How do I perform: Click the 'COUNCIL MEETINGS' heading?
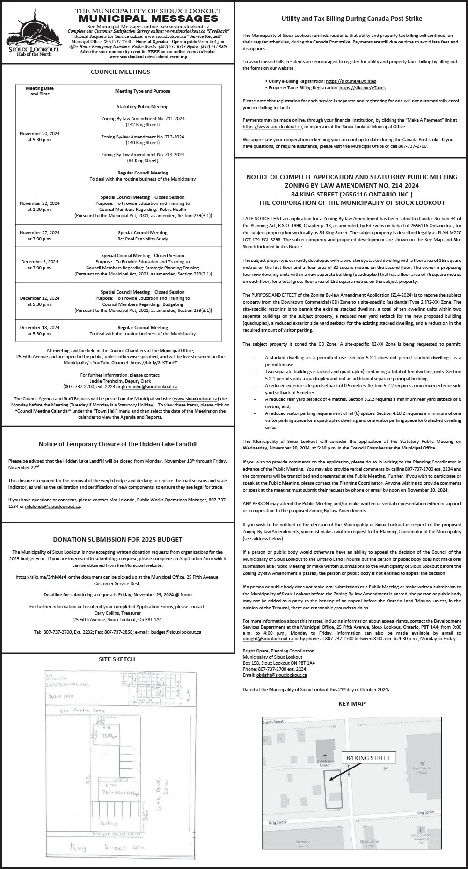coord(120,72)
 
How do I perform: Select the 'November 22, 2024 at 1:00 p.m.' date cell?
coord(40,206)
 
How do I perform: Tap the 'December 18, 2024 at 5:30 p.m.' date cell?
coord(40,331)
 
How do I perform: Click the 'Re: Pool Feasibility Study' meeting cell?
coord(143,236)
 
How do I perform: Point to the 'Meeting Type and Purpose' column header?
coord(143,91)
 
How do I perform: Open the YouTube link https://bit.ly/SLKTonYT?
coord(154,362)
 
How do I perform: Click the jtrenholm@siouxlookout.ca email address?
coord(149,387)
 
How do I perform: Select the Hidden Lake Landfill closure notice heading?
coord(117,444)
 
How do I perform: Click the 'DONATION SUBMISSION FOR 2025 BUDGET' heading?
coord(117,539)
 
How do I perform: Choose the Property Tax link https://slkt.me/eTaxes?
coord(362,87)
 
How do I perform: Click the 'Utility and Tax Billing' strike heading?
coord(351,19)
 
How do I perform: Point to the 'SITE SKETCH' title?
coord(117,659)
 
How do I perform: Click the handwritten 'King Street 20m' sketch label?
coord(107,847)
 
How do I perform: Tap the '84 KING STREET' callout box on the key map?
coord(368,758)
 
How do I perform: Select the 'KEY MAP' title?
coord(351,703)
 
